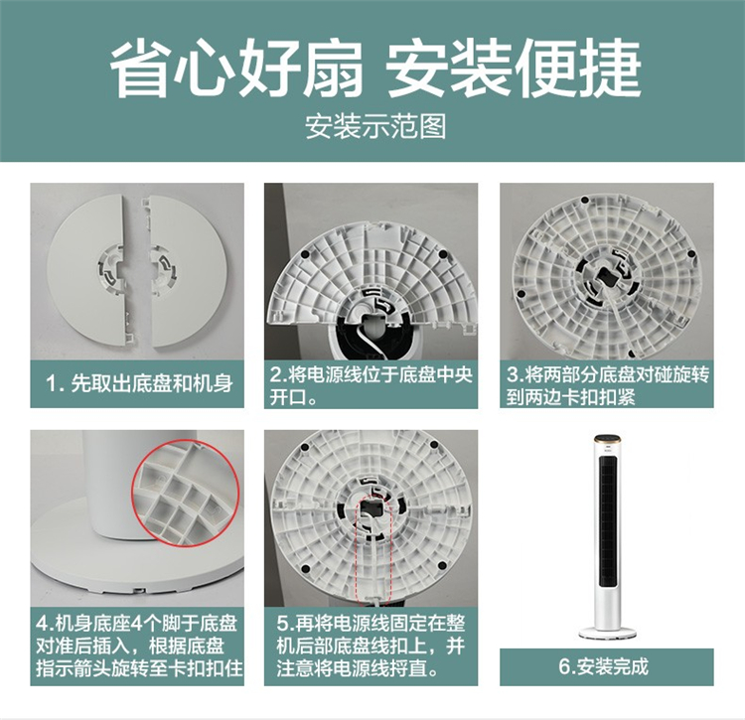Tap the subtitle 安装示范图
tap(375, 126)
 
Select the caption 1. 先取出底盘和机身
tap(139, 383)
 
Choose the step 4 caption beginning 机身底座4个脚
tap(138, 646)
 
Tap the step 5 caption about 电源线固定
tap(371, 646)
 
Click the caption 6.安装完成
tap(603, 666)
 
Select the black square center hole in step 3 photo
tap(607, 275)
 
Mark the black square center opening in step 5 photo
tap(371, 509)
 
